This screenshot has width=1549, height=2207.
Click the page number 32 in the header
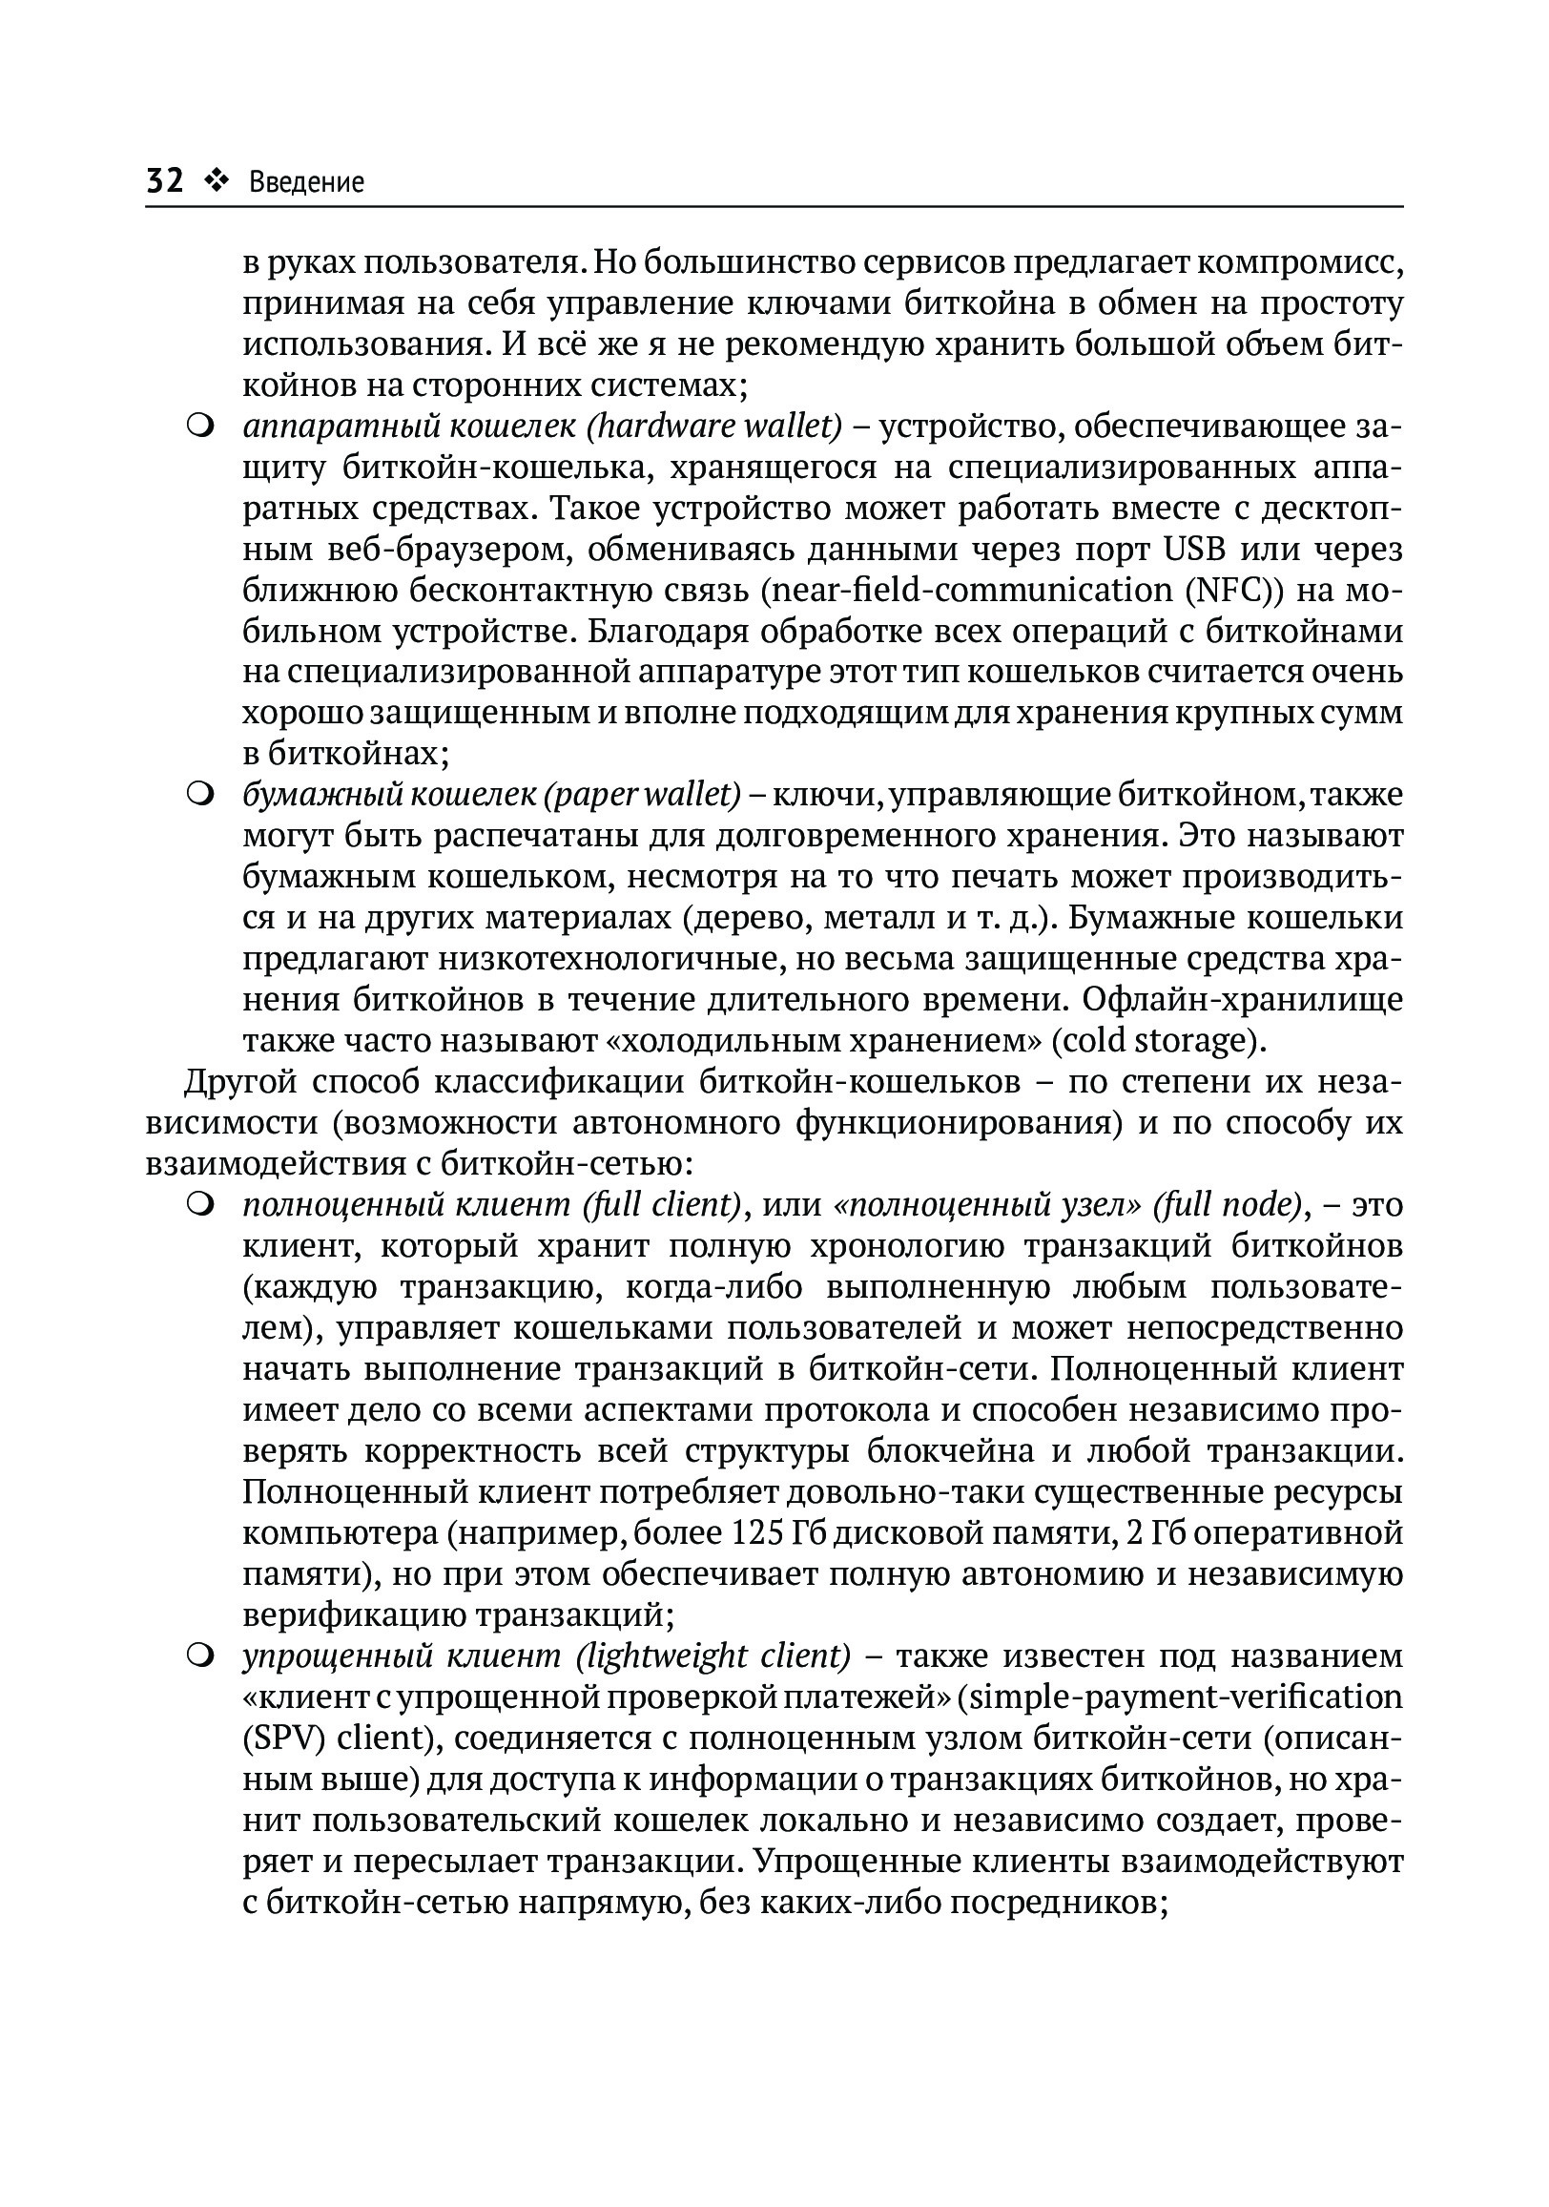(x=164, y=179)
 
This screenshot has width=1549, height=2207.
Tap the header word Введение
(x=306, y=181)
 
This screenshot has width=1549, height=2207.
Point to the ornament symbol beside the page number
(x=217, y=179)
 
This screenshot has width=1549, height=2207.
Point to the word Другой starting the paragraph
(x=239, y=1082)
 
